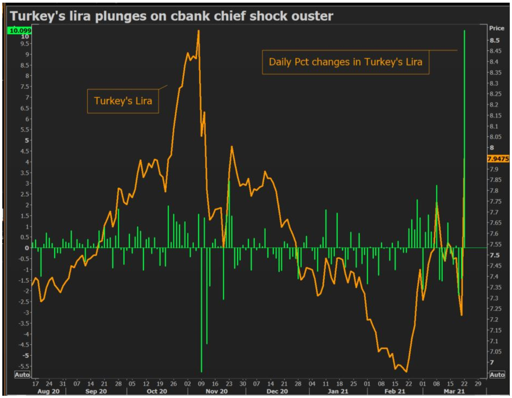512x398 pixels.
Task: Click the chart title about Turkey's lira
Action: coord(171,16)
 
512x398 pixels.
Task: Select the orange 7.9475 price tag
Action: coord(498,159)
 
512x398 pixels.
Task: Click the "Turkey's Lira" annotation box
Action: coord(123,101)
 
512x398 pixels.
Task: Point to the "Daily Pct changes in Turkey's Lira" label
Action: coord(346,62)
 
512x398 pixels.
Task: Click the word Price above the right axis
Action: coord(497,28)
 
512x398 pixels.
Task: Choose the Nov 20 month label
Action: coord(217,391)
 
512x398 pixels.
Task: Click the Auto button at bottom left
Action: coord(22,375)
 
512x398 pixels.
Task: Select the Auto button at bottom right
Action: coord(497,375)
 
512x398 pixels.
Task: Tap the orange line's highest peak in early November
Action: coord(199,31)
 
